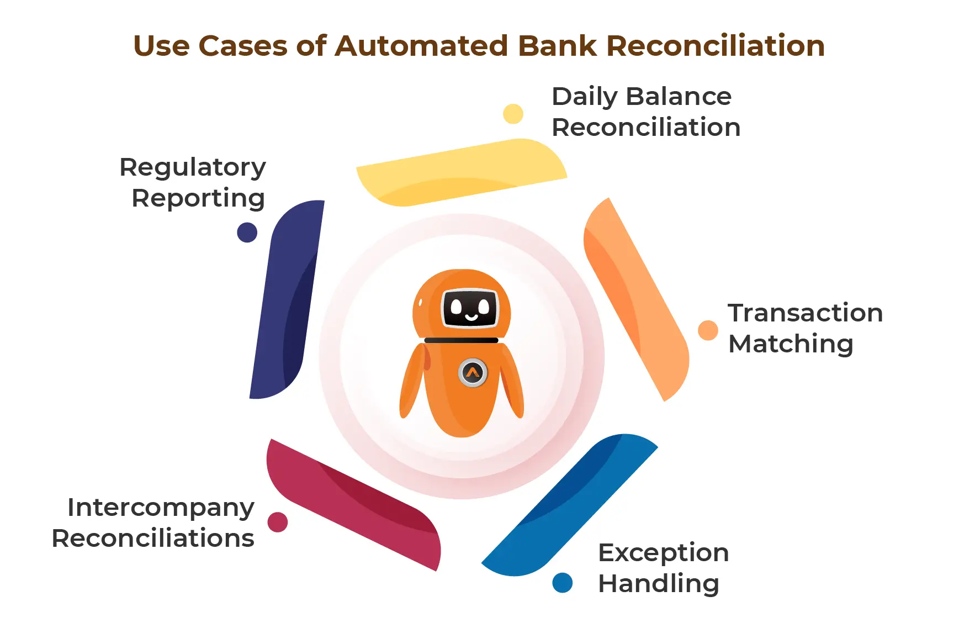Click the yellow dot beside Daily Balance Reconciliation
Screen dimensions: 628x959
pos(513,114)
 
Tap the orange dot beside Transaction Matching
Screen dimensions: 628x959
pos(708,330)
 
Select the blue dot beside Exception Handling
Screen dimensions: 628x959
pos(562,583)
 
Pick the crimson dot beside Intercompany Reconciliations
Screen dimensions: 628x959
pos(278,522)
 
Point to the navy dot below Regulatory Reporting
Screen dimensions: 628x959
pos(247,233)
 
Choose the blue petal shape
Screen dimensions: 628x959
pos(569,505)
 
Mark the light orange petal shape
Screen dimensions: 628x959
pos(635,298)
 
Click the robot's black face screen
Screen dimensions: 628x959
pos(470,308)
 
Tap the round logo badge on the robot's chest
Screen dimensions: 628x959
pos(473,373)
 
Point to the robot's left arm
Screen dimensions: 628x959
pos(412,381)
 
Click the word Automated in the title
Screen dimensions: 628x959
pos(421,46)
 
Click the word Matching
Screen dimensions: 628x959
pos(791,344)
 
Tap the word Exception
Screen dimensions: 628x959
pos(663,552)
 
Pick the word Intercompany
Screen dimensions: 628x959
pos(161,508)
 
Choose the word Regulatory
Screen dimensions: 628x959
pos(193,167)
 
